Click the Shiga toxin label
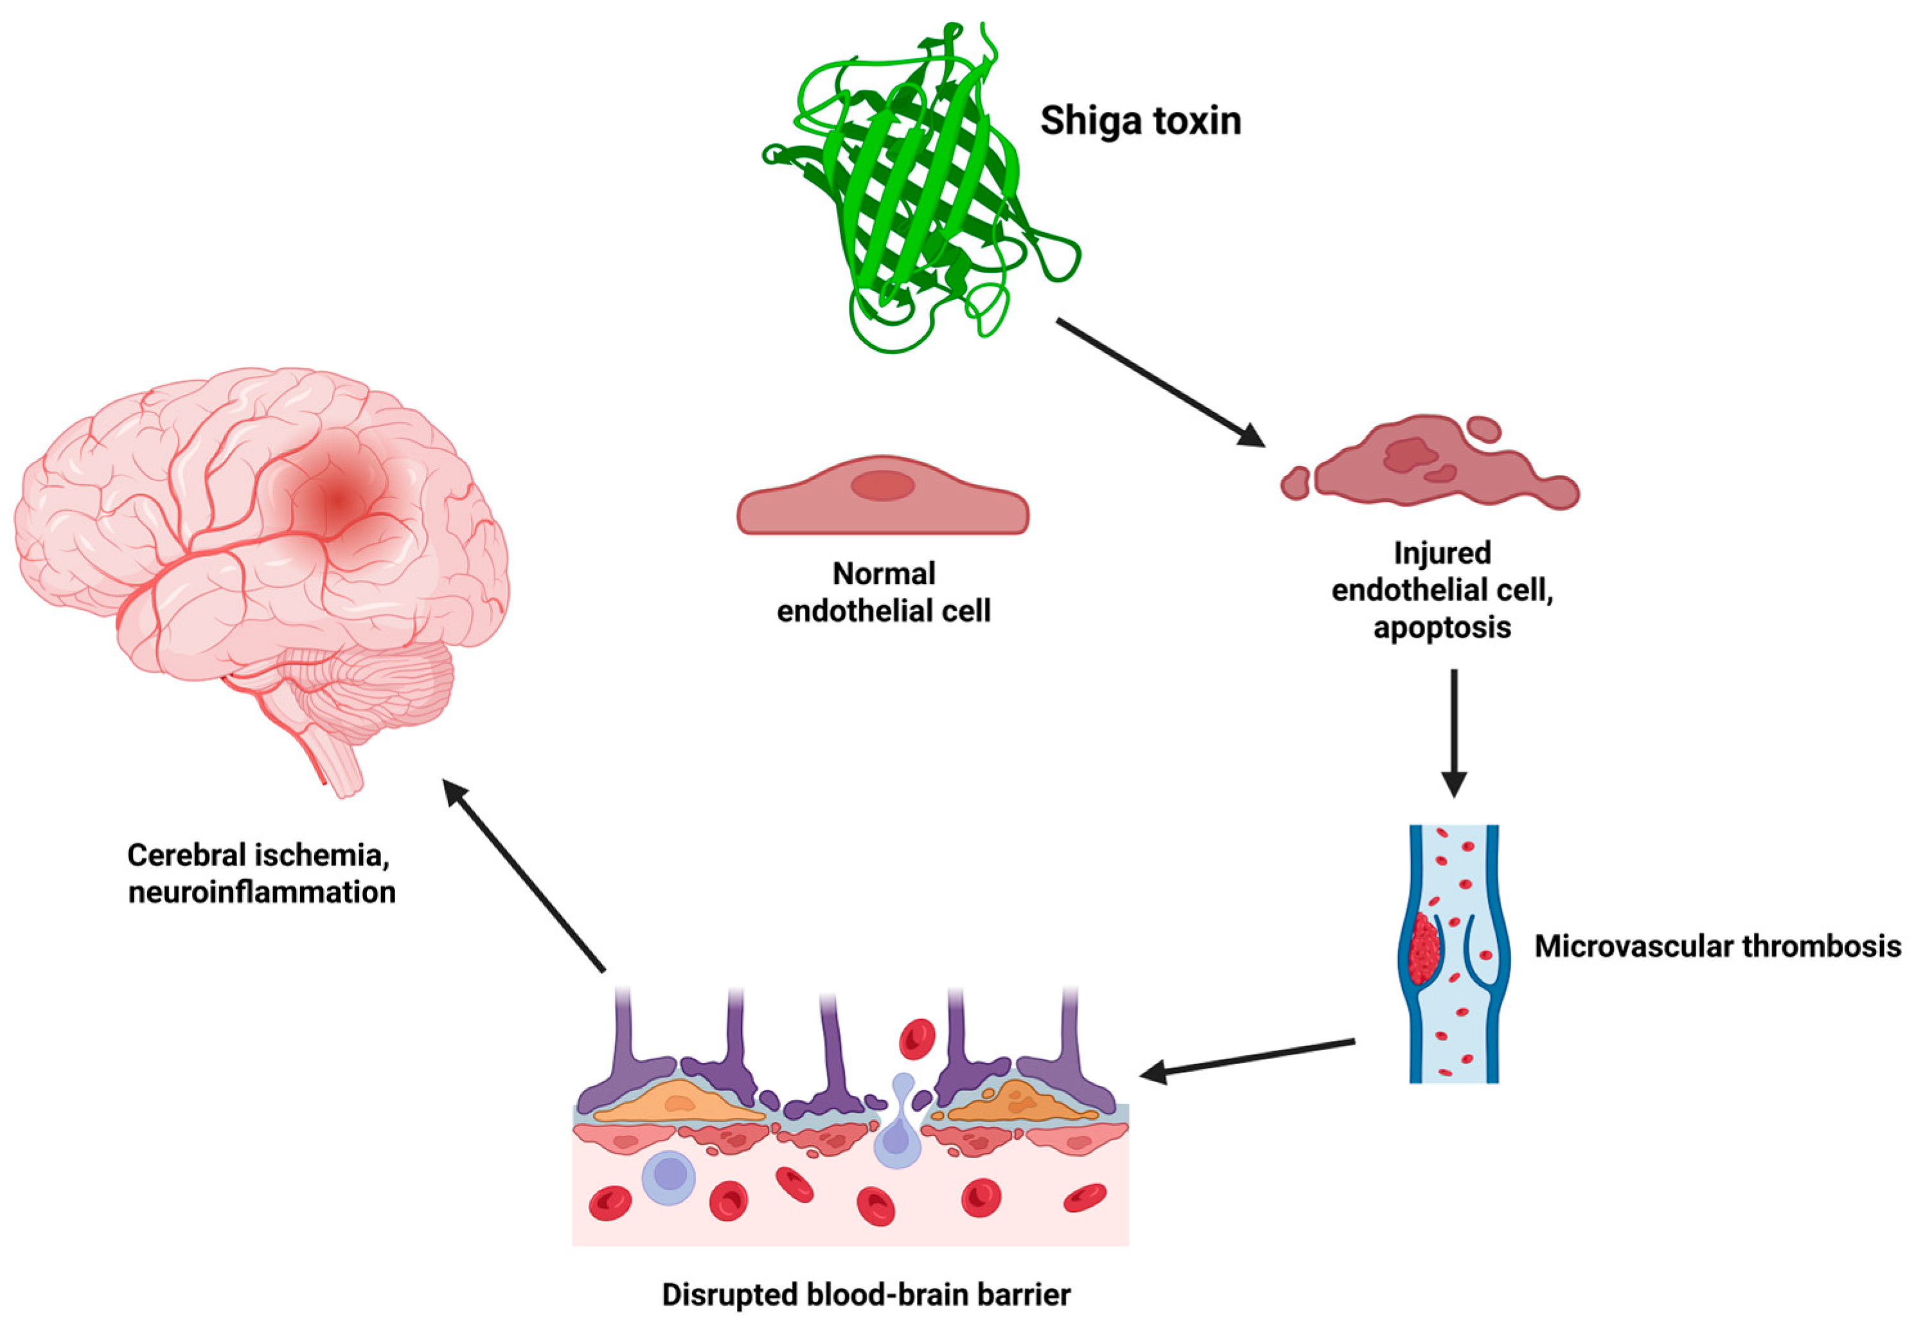(1140, 121)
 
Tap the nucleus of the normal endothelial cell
(883, 485)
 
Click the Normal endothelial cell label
(883, 592)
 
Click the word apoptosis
(1442, 627)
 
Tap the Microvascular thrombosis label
(1717, 946)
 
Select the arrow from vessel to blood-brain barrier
(1248, 1058)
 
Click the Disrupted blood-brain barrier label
(866, 1295)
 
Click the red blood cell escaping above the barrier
(916, 1039)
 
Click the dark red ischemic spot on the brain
(338, 501)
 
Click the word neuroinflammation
(262, 893)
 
